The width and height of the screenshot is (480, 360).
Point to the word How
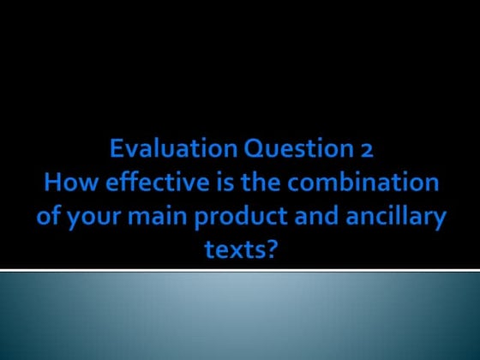click(x=65, y=183)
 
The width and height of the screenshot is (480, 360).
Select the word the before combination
click(x=249, y=183)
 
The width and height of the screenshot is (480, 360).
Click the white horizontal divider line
click(x=240, y=271)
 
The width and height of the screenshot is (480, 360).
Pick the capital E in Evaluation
click(x=117, y=151)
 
